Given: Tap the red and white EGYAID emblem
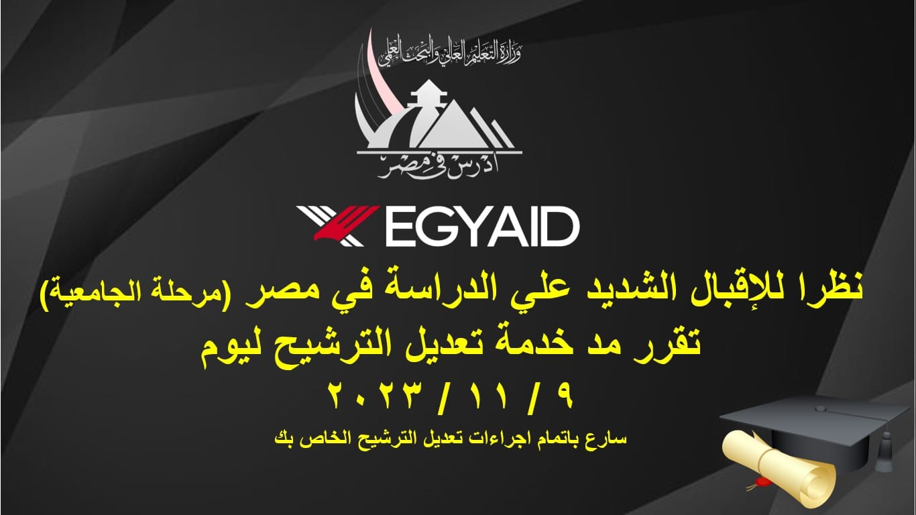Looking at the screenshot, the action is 338,226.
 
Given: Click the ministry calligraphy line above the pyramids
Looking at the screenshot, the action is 450,53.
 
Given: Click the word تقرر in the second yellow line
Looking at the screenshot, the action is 665,343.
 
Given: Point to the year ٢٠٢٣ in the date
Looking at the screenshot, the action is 376,395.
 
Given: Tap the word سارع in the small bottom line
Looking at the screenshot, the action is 610,439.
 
